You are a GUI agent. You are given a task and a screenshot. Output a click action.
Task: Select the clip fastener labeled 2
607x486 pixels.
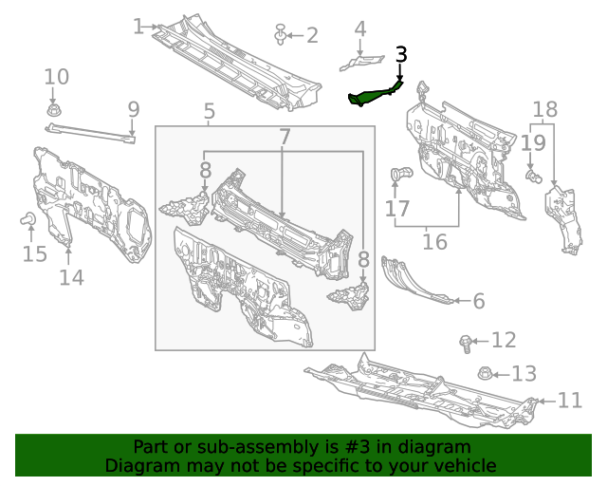pyautogui.click(x=281, y=35)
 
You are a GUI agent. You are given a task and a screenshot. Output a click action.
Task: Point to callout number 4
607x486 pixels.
pyautogui.click(x=360, y=29)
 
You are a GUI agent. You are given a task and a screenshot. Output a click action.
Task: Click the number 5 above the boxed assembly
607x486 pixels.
pyautogui.click(x=210, y=113)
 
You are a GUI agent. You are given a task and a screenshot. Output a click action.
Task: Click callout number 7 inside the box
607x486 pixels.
pyautogui.click(x=285, y=138)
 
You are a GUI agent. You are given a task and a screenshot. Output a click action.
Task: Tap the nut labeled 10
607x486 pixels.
pyautogui.click(x=53, y=111)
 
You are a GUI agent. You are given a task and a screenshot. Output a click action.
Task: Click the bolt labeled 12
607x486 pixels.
pyautogui.click(x=465, y=341)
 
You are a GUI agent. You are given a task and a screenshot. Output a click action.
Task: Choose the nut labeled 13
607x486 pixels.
pyautogui.click(x=484, y=373)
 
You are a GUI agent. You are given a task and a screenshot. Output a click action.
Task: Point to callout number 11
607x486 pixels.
pyautogui.click(x=569, y=401)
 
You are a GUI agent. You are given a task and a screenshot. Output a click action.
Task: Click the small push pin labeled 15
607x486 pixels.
pyautogui.click(x=28, y=221)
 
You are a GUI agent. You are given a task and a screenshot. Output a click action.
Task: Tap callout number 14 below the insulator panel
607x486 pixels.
pyautogui.click(x=71, y=277)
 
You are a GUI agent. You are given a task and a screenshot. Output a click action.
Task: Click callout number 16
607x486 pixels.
pyautogui.click(x=434, y=242)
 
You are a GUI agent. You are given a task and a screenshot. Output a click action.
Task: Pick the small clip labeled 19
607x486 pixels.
pyautogui.click(x=533, y=176)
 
